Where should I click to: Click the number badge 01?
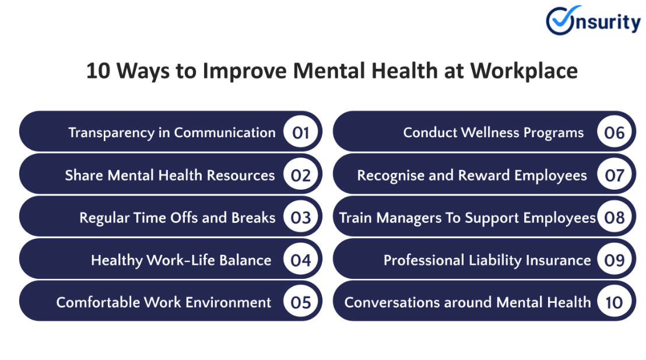300,132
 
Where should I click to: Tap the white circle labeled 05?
300,302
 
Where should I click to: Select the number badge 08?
615,217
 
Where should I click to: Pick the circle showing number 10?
615,302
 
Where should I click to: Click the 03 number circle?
300,217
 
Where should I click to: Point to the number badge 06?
615,132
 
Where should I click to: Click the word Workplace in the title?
524,71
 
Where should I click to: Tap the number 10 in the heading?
98,71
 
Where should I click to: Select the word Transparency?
111,133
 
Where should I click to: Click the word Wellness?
490,132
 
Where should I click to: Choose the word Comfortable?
97,302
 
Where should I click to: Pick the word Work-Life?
181,260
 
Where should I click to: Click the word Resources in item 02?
241,175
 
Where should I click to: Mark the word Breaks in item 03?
253,217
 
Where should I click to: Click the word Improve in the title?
244,71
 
